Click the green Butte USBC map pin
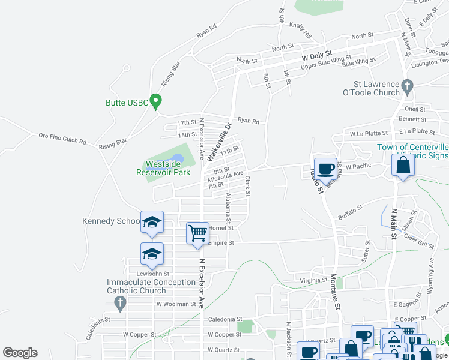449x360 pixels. [x=156, y=101]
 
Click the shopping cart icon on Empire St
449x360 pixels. [x=197, y=232]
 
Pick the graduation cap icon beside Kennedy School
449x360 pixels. [x=152, y=222]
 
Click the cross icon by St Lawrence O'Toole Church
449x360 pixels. [x=408, y=86]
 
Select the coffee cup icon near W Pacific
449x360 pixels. [x=325, y=169]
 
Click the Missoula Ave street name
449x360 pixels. [x=225, y=178]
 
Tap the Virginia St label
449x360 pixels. [x=313, y=280]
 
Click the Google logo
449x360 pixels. [x=20, y=353]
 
